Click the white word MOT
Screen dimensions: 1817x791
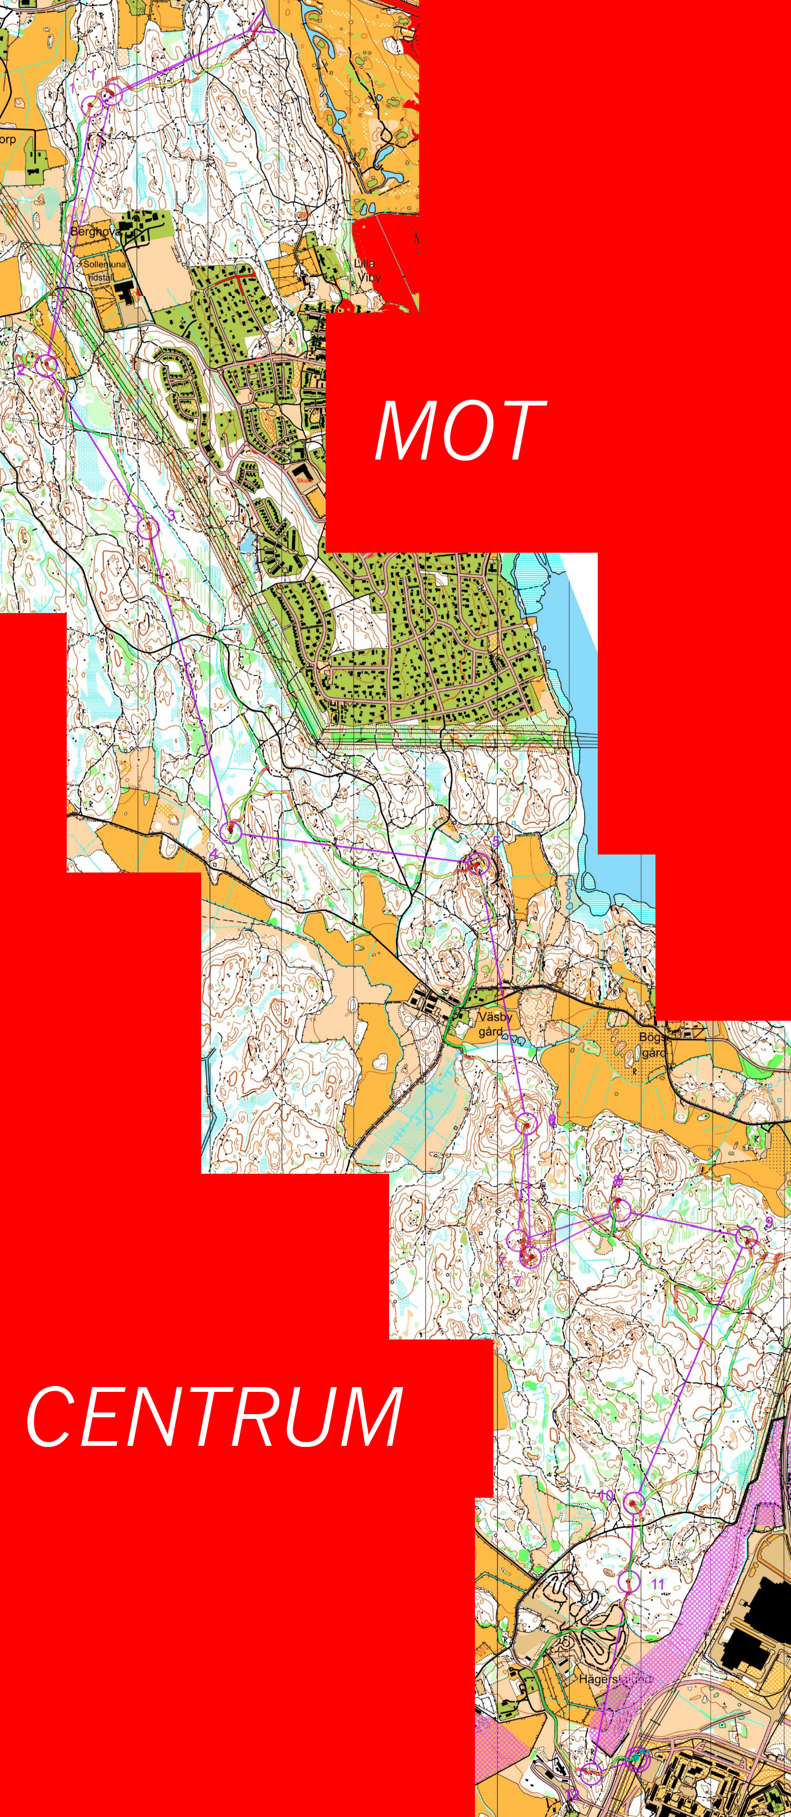[x=460, y=430]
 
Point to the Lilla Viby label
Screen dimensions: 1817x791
[x=367, y=270]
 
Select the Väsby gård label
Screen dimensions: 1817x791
[x=493, y=1023]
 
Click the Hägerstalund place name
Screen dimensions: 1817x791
[x=614, y=1679]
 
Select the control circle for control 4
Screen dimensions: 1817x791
[x=231, y=832]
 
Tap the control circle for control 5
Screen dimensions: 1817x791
[x=479, y=863]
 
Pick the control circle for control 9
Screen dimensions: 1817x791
[x=747, y=1237]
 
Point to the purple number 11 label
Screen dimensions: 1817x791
[x=657, y=1584]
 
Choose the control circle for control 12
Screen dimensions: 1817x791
[x=591, y=1771]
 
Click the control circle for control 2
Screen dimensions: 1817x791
[x=47, y=365]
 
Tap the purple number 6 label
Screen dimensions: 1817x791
[x=552, y=1120]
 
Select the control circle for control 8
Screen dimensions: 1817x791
[x=620, y=1209]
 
